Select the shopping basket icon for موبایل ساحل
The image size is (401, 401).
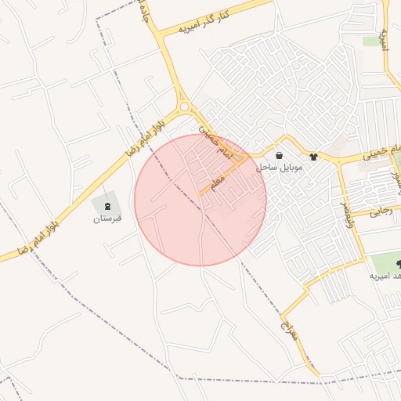click(x=280, y=156)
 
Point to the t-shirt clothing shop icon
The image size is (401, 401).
click(x=314, y=156)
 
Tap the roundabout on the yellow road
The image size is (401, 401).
click(x=185, y=107)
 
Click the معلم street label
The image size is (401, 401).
click(x=217, y=181)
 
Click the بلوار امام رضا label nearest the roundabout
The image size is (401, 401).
click(x=149, y=134)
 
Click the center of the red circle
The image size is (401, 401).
click(x=200, y=200)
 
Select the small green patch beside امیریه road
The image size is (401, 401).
click(x=371, y=41)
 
